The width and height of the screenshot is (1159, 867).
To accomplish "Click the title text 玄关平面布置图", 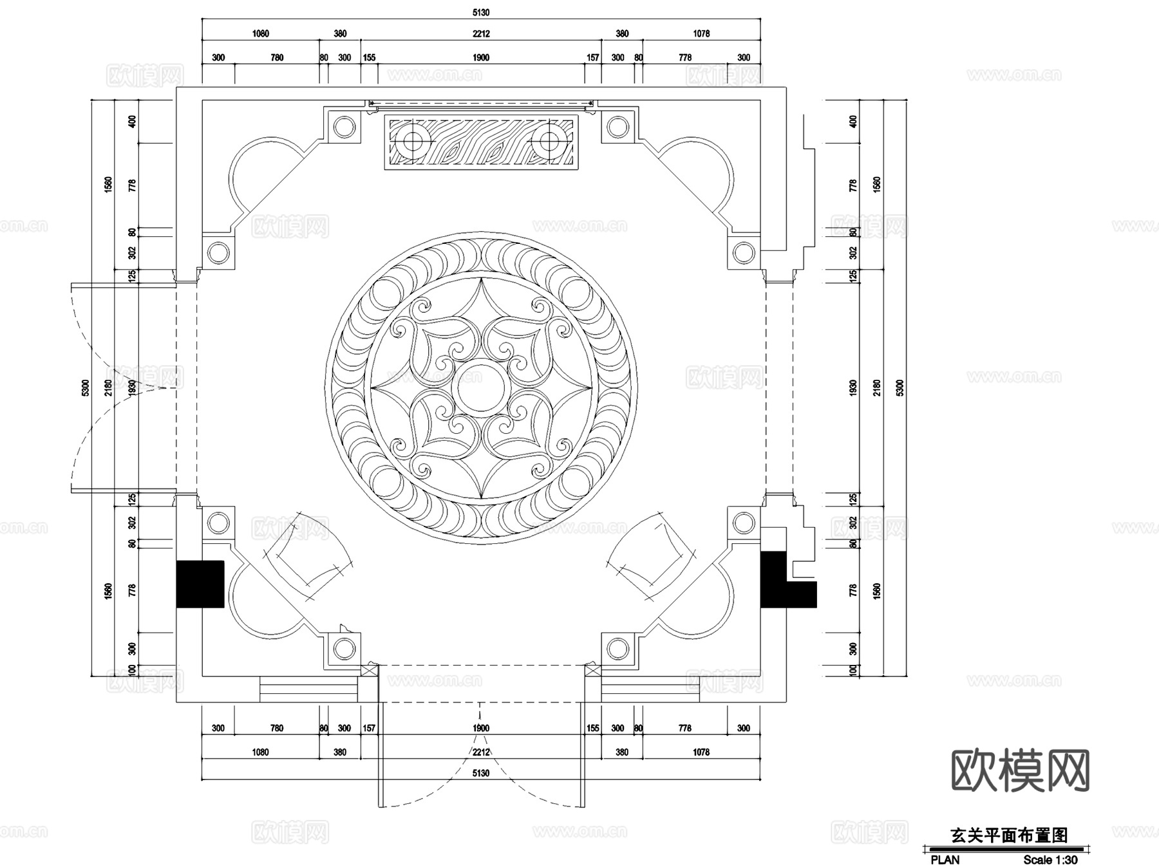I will point(1009,835).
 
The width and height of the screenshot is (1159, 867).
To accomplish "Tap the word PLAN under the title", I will point(945,860).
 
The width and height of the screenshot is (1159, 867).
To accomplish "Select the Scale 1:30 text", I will point(1050,860).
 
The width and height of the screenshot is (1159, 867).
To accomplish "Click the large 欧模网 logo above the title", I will point(1021,770).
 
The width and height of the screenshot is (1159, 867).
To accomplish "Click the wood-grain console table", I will point(481,142).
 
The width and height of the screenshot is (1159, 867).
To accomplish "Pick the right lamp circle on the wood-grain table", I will point(549,140).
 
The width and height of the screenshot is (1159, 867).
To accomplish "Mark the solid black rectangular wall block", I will point(200,584).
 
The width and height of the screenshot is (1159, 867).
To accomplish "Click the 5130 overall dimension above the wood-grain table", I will point(481,12).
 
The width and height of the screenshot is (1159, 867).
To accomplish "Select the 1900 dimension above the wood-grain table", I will point(481,57).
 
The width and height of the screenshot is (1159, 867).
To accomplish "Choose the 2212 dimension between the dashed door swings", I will point(481,752).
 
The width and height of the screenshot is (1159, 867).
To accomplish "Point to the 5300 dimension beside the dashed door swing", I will point(86,387).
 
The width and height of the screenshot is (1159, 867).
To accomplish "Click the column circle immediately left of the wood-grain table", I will point(344,127).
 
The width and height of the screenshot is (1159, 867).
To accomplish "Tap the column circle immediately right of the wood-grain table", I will point(617,127).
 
